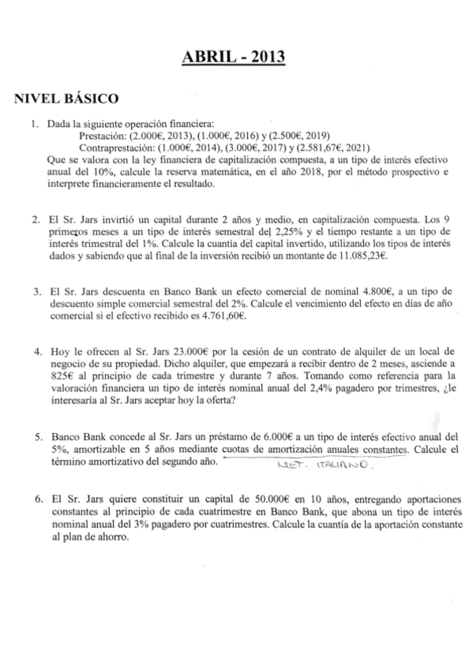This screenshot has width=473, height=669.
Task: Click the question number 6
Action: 36,500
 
